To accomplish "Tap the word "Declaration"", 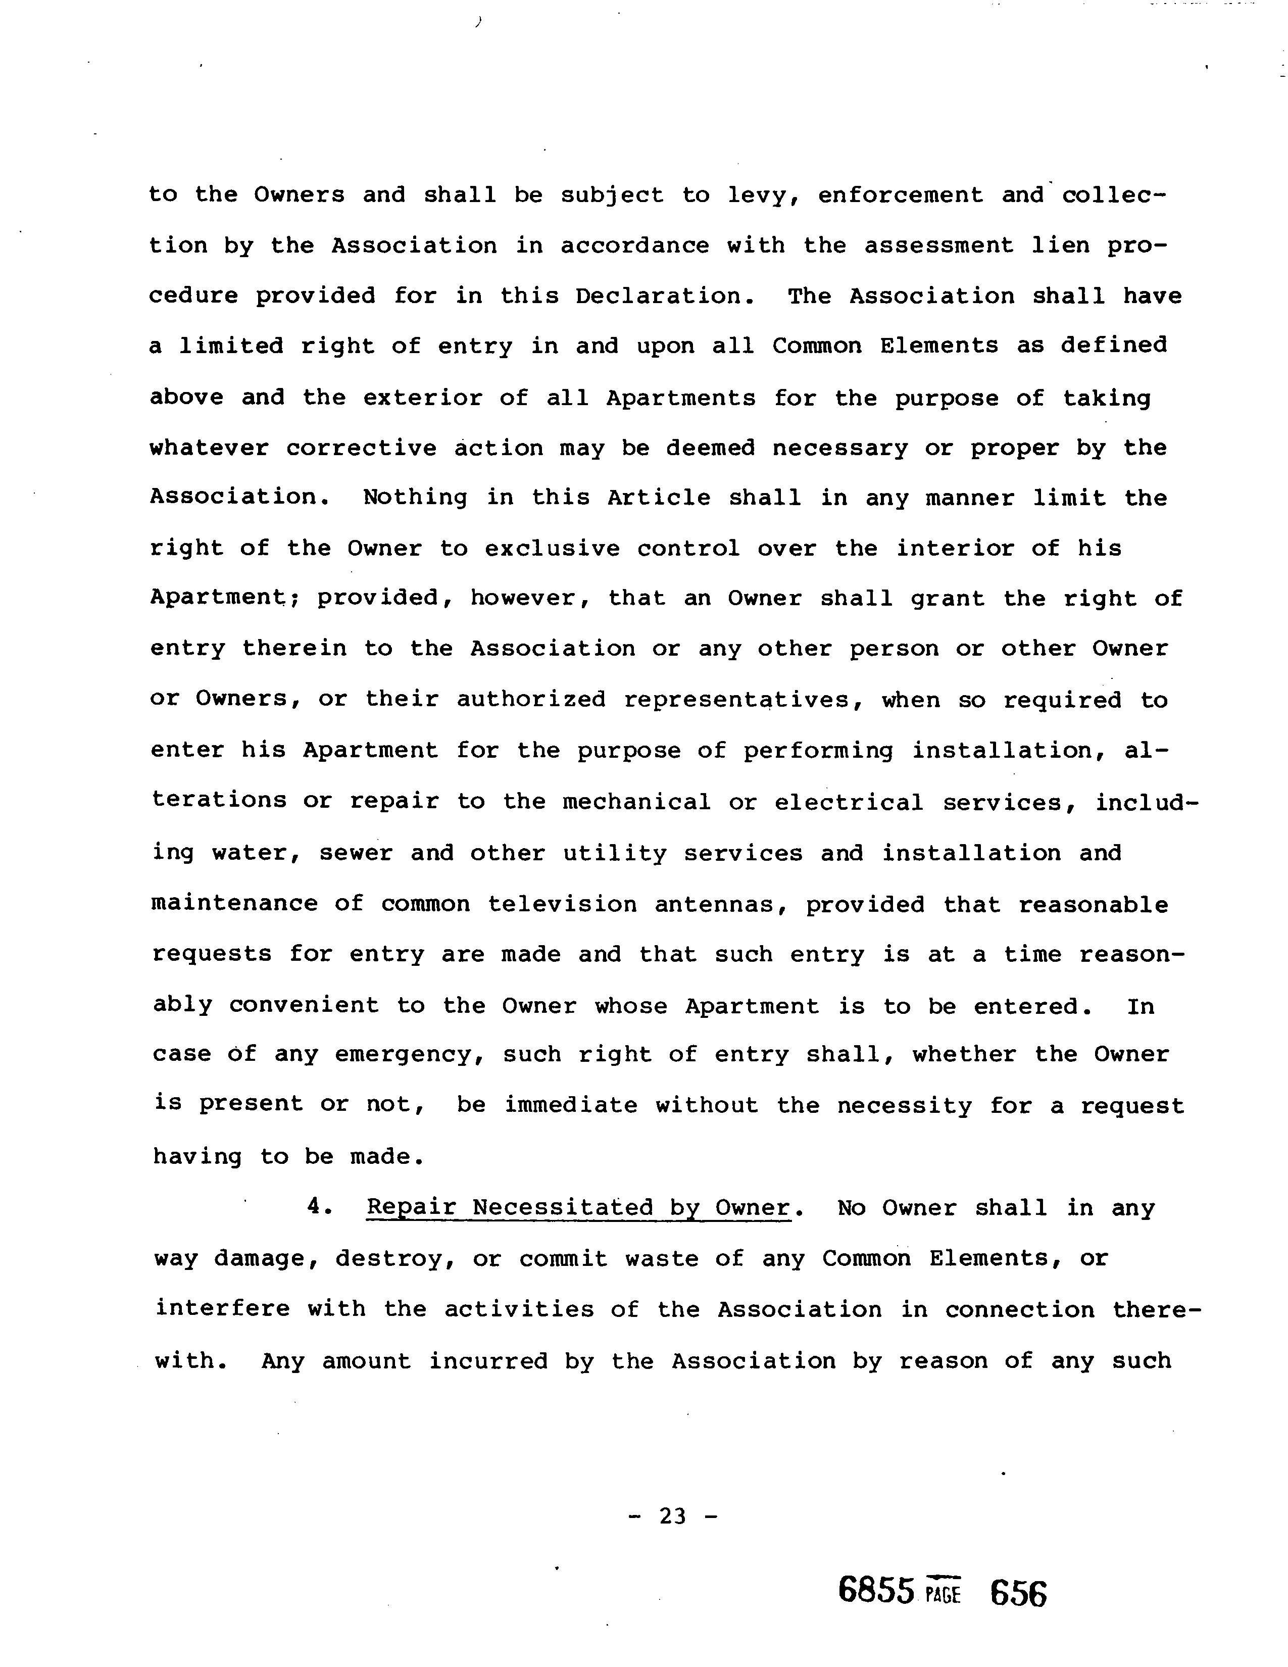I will tap(659, 296).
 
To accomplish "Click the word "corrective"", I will tap(361, 448).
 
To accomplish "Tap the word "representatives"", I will tap(736, 700).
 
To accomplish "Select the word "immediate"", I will tap(570, 1105).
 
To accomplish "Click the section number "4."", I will tap(319, 1207).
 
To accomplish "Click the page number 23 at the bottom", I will tap(672, 1516).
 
